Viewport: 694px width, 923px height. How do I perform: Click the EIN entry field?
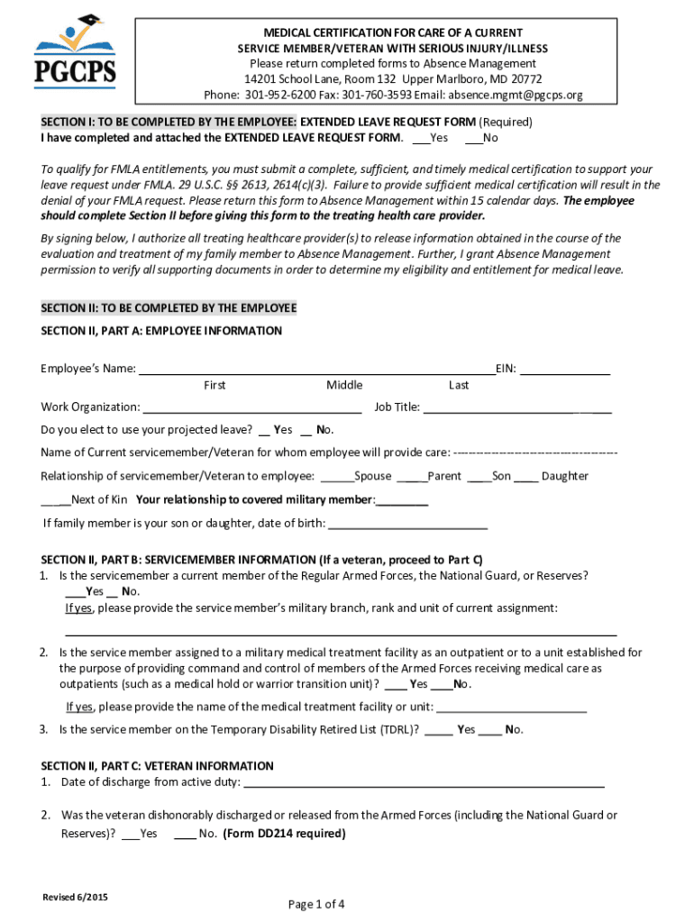tap(565, 369)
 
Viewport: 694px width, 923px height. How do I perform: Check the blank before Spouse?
tap(336, 477)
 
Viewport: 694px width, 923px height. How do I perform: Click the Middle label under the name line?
tap(344, 385)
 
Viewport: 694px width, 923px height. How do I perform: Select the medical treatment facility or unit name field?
tap(511, 708)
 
